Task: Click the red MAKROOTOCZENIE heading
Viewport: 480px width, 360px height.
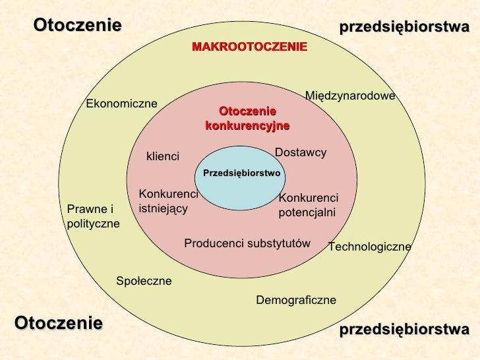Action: [249, 47]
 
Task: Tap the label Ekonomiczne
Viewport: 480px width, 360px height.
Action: [121, 104]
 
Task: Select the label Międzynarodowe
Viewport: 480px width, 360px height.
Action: [350, 96]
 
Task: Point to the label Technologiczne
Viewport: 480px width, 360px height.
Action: [370, 247]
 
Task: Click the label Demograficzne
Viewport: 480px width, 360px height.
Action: [296, 300]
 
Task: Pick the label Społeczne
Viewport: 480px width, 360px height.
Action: [144, 281]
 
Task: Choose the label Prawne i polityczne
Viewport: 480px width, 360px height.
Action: [94, 216]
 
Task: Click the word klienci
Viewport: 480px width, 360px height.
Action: [163, 156]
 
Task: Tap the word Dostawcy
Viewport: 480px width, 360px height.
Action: [301, 152]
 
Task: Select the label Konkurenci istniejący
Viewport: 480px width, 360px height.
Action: [169, 202]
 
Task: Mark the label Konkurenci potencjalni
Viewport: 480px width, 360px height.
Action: [309, 205]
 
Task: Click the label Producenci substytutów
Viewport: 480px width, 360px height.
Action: [247, 243]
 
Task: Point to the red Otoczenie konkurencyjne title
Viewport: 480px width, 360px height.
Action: [247, 119]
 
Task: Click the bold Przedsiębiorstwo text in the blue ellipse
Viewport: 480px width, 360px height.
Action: [242, 173]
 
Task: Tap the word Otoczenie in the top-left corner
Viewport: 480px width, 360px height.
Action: [77, 25]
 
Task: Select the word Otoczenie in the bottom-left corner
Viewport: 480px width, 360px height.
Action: [59, 323]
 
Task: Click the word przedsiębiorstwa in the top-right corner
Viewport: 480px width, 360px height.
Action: [404, 27]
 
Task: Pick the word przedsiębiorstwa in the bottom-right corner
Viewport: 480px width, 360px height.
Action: [404, 330]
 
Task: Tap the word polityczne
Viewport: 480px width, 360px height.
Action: [94, 224]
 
